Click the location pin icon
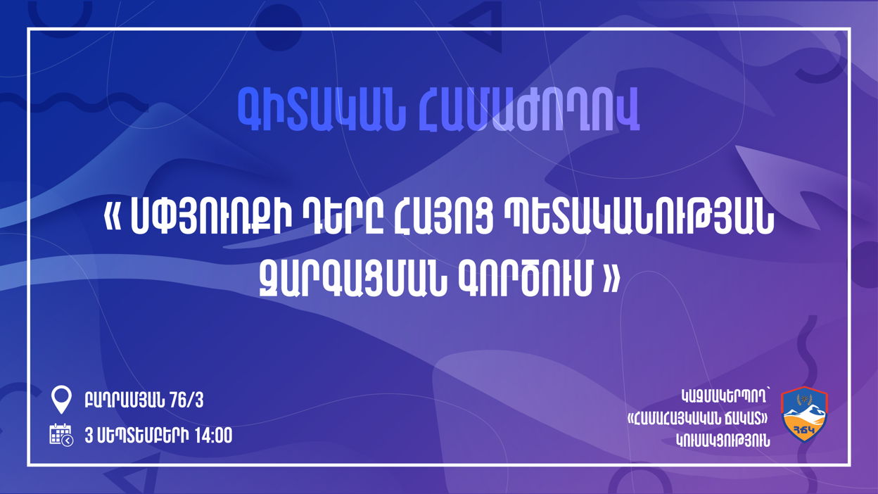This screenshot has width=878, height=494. click(x=61, y=400)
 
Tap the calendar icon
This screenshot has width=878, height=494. click(x=61, y=435)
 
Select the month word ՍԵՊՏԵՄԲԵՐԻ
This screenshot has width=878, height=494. click(x=142, y=436)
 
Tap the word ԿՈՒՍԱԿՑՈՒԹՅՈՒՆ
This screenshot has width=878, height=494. click(x=723, y=441)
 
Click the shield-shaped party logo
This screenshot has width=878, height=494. click(x=804, y=417)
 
